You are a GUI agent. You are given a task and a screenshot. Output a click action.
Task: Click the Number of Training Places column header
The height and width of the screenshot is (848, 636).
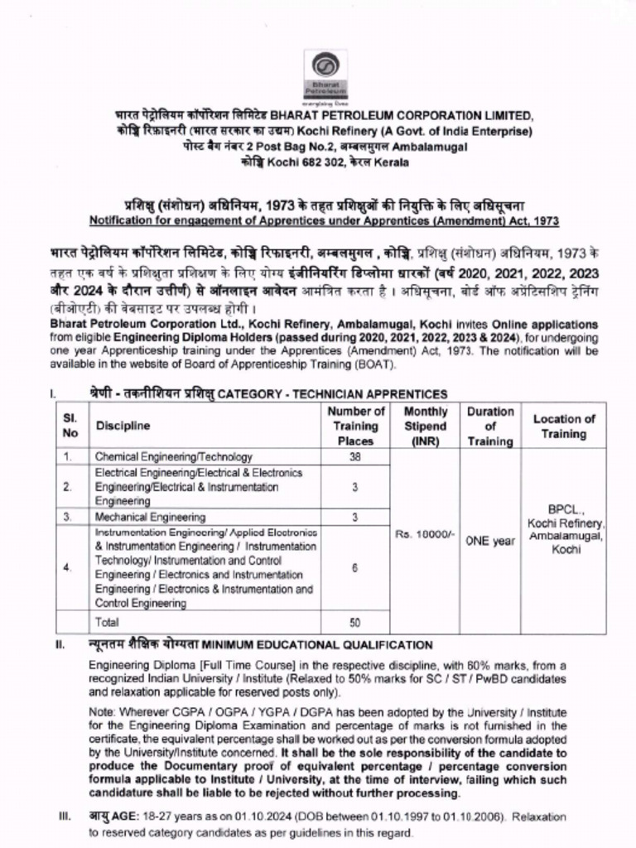(x=355, y=426)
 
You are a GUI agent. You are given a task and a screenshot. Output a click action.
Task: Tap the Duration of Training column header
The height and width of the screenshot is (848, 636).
(x=490, y=426)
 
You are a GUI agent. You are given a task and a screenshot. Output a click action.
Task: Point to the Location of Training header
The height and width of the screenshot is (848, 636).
(x=564, y=426)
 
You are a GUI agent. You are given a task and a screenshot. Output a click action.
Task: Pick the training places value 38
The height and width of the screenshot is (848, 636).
(x=355, y=456)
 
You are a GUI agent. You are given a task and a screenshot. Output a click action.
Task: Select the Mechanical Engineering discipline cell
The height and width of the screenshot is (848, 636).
(x=150, y=517)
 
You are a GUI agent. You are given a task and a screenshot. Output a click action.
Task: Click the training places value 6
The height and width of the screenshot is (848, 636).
(x=355, y=567)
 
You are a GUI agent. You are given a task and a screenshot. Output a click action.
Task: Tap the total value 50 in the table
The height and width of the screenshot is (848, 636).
(x=355, y=622)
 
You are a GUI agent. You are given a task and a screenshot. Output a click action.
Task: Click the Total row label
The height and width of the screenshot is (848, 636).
(x=107, y=622)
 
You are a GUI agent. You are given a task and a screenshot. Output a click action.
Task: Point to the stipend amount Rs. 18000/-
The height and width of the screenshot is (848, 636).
(x=425, y=534)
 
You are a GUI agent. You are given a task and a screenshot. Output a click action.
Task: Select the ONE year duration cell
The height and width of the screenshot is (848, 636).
(x=490, y=540)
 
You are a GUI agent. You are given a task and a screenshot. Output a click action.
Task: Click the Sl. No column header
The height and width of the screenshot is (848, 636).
(x=71, y=426)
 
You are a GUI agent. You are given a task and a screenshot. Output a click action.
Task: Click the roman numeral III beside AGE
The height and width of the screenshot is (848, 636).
(x=64, y=817)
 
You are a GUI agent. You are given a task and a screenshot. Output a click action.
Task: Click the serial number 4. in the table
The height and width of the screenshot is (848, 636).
(x=67, y=567)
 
